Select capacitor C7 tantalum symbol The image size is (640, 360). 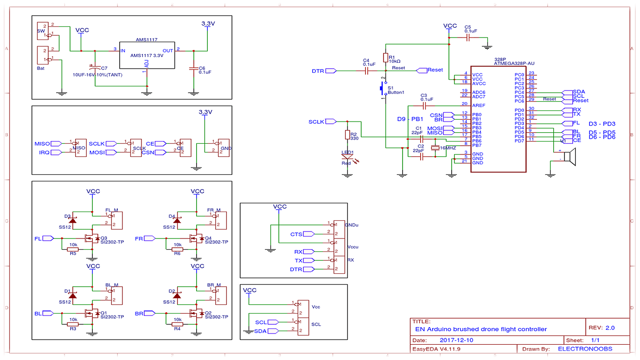tap(95, 68)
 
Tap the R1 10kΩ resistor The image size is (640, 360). tap(385, 58)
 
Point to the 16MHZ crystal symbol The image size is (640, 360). tap(435, 148)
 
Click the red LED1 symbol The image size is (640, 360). tap(347, 158)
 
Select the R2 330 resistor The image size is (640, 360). tap(347, 135)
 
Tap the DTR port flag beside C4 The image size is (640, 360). tap(331, 71)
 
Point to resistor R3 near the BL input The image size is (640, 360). tap(73, 324)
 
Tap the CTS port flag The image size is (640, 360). tap(308, 234)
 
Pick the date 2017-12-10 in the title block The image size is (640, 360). tap(457, 340)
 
